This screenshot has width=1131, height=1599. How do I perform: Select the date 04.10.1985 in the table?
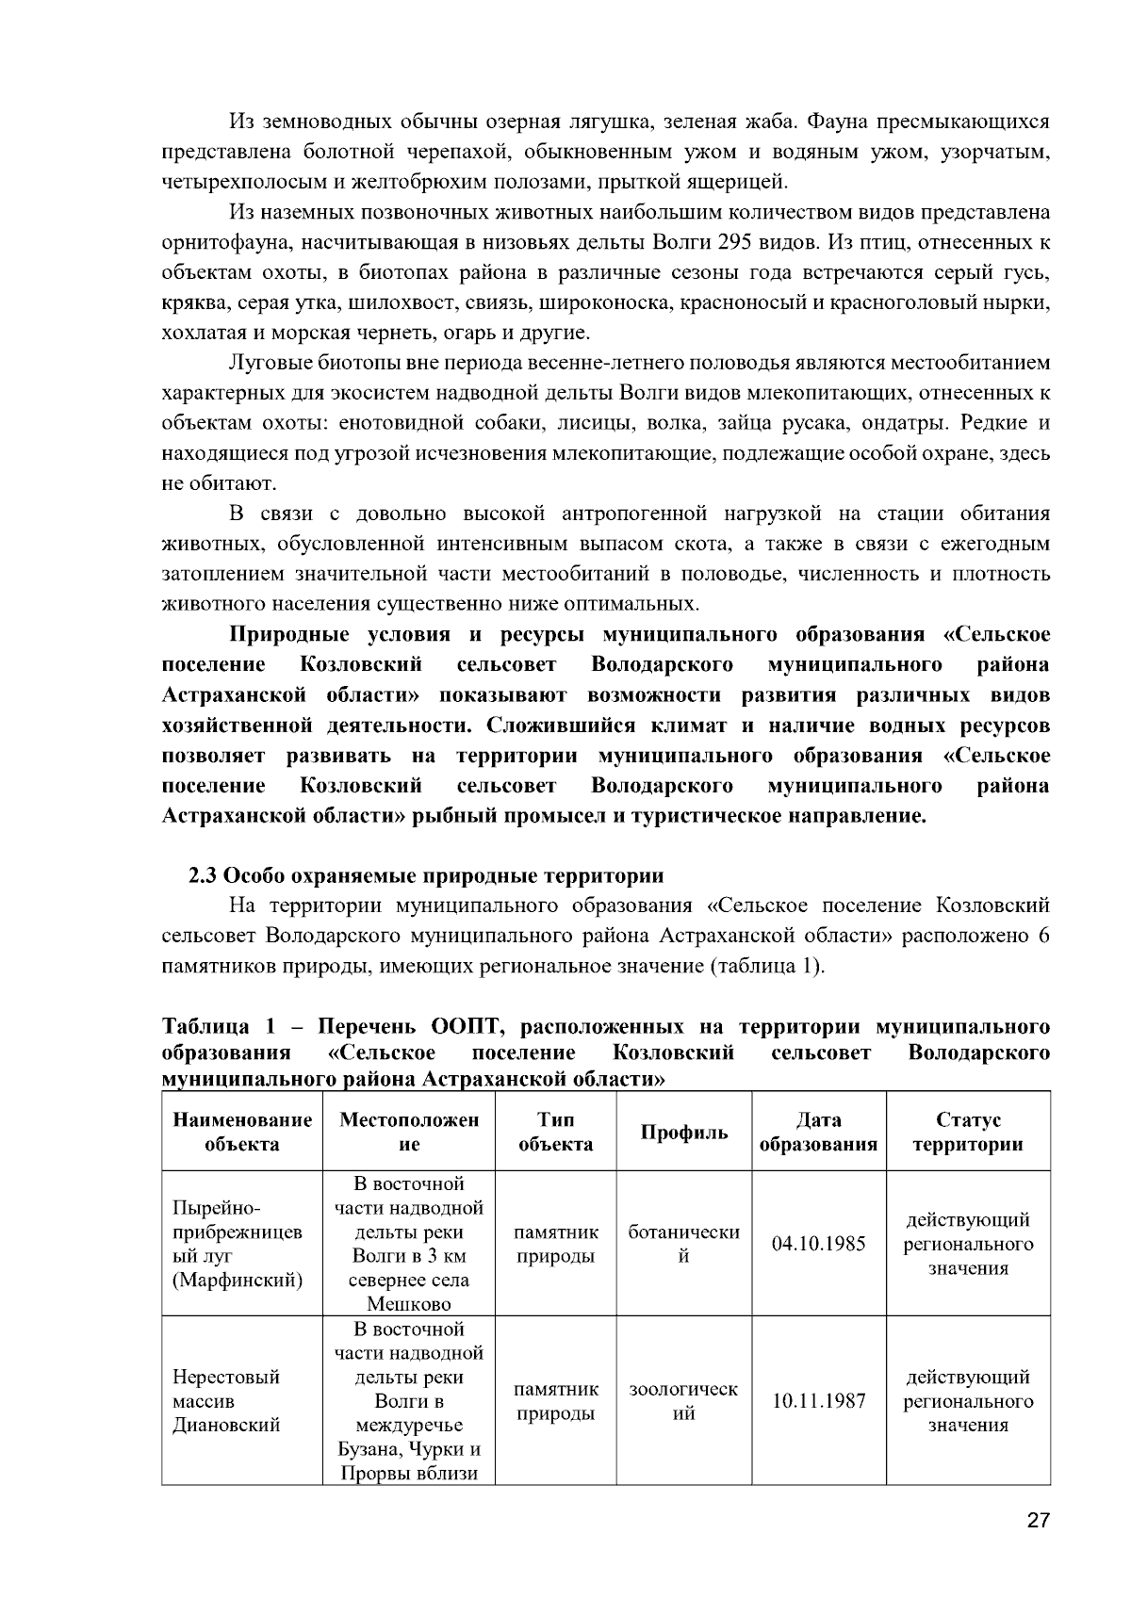coord(818,1244)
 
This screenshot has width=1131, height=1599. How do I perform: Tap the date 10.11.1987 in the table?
coord(818,1401)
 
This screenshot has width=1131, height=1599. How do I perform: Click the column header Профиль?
coord(684,1133)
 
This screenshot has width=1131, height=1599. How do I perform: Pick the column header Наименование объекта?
coord(242,1133)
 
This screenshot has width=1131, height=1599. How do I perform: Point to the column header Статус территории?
coord(968,1133)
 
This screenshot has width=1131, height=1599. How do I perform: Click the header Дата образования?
coord(818,1133)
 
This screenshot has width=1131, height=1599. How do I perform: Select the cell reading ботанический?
coord(684,1244)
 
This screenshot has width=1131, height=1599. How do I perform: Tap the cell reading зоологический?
coord(684,1401)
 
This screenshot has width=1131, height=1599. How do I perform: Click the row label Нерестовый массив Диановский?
coord(226,1401)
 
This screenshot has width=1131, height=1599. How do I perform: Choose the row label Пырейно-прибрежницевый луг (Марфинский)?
coord(238,1244)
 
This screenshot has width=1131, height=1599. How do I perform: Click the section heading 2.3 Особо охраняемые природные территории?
coord(426,875)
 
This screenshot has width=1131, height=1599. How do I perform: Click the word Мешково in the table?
coord(409,1304)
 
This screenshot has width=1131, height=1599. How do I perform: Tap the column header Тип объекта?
coord(556,1133)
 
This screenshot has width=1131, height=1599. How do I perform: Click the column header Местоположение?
coord(409,1133)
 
